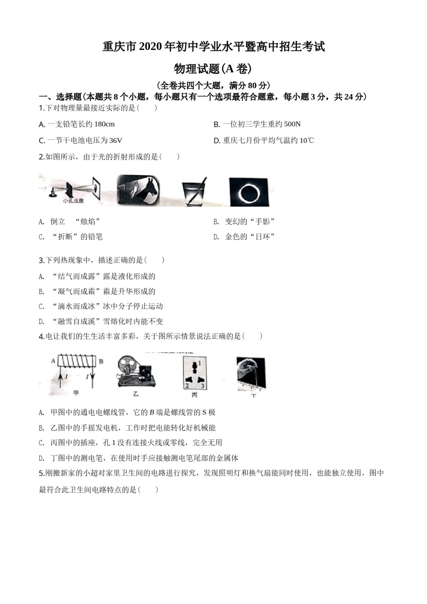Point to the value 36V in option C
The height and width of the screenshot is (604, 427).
116,141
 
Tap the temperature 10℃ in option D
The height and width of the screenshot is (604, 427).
307,141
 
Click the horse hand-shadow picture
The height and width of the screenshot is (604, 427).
138,190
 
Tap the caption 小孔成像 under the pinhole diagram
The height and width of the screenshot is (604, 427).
73,200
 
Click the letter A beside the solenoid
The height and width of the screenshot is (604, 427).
53,360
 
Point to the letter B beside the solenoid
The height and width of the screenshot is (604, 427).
101,360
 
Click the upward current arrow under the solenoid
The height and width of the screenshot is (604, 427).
60,378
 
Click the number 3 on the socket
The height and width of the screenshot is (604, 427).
203,386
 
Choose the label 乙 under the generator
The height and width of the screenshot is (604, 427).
136,394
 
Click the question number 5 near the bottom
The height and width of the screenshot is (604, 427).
41,473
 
